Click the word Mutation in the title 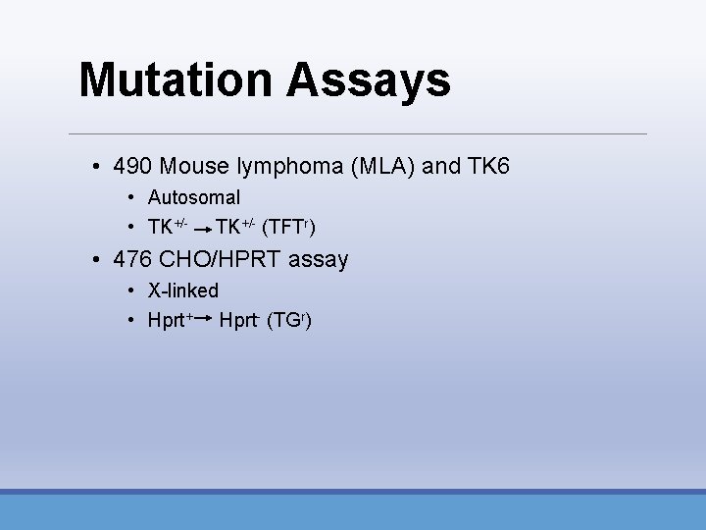(x=176, y=80)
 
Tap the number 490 (x=133, y=166)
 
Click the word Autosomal (x=193, y=197)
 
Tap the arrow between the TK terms (x=202, y=230)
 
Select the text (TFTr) (x=289, y=228)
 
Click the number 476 (x=133, y=260)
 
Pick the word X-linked (x=183, y=291)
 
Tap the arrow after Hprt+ (x=204, y=319)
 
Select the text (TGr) (x=289, y=321)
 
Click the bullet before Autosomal (x=131, y=198)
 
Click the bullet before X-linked (x=131, y=291)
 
